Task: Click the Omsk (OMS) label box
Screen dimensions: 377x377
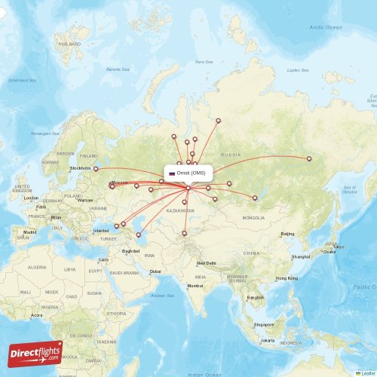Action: tap(188, 173)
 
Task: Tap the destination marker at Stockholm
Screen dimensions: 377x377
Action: tap(96, 169)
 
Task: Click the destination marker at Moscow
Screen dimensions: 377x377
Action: tap(112, 186)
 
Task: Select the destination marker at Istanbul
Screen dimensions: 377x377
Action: tap(116, 225)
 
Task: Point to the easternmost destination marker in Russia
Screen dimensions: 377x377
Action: tap(309, 158)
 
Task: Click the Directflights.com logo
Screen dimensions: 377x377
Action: tap(35, 353)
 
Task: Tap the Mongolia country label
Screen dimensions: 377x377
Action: tap(253, 218)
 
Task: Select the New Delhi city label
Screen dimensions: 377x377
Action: tap(206, 263)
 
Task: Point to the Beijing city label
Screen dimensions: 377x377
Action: tap(287, 234)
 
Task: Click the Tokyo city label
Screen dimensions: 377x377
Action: tap(339, 247)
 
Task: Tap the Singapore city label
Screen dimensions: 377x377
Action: tap(264, 324)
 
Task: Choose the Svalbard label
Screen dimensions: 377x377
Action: tap(69, 44)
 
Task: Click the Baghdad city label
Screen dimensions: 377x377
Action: tap(131, 250)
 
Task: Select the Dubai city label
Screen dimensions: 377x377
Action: tap(155, 271)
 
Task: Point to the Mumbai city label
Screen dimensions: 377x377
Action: tap(196, 286)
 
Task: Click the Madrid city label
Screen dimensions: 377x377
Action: tap(29, 231)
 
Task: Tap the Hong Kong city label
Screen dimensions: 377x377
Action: tap(286, 279)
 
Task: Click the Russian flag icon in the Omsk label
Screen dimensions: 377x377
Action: tap(172, 173)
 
